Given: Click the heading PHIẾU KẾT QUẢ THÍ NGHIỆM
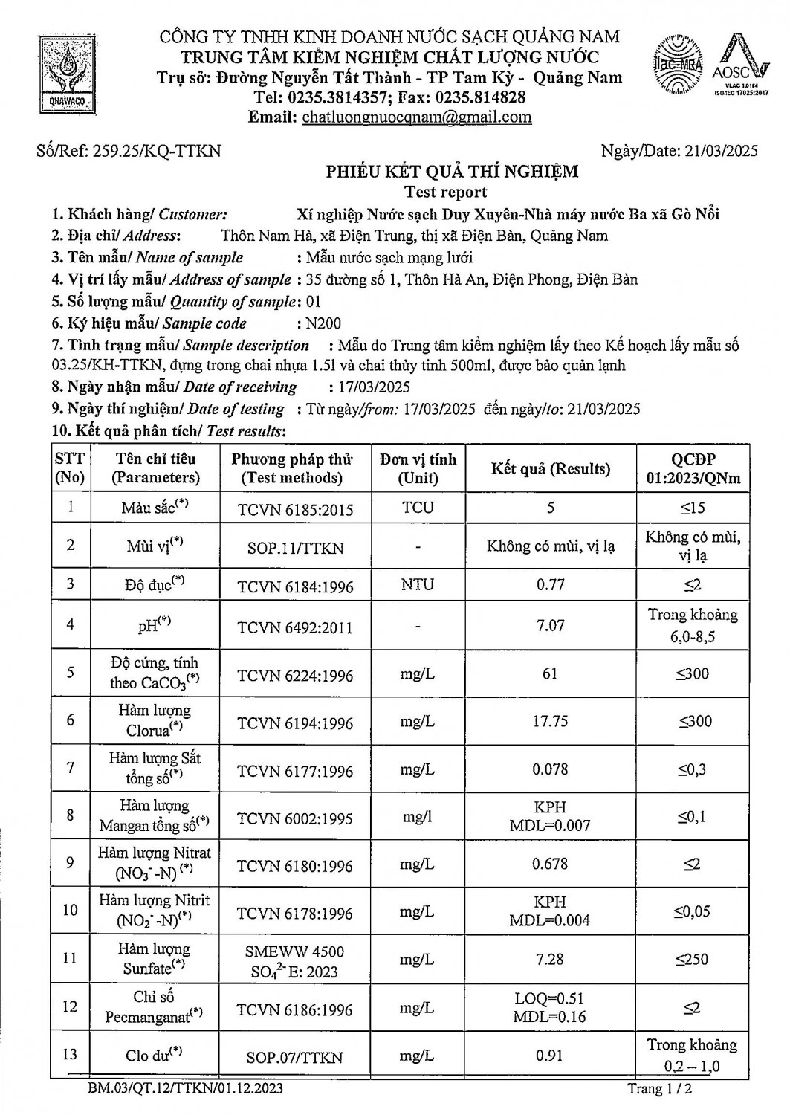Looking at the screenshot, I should coord(453,172).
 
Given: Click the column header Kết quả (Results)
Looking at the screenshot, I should coord(550,468).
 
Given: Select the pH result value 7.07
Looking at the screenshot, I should coord(550,626).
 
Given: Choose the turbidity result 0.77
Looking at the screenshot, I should coord(550,584).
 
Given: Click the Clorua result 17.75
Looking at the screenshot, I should coord(550,722).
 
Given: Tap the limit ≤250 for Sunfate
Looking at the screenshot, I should coord(692,960).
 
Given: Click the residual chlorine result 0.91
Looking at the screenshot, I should coord(550,1056).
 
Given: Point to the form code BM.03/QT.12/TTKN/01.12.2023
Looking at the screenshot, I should coord(185,1089).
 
